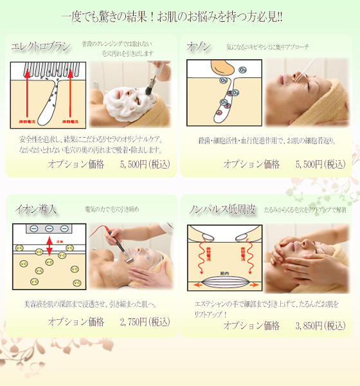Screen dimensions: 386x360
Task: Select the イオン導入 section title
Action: point(36,210)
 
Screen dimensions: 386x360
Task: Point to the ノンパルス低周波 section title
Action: point(222,210)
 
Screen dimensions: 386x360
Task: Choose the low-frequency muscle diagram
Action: point(223,257)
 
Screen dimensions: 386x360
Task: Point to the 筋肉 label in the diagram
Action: point(222,273)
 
